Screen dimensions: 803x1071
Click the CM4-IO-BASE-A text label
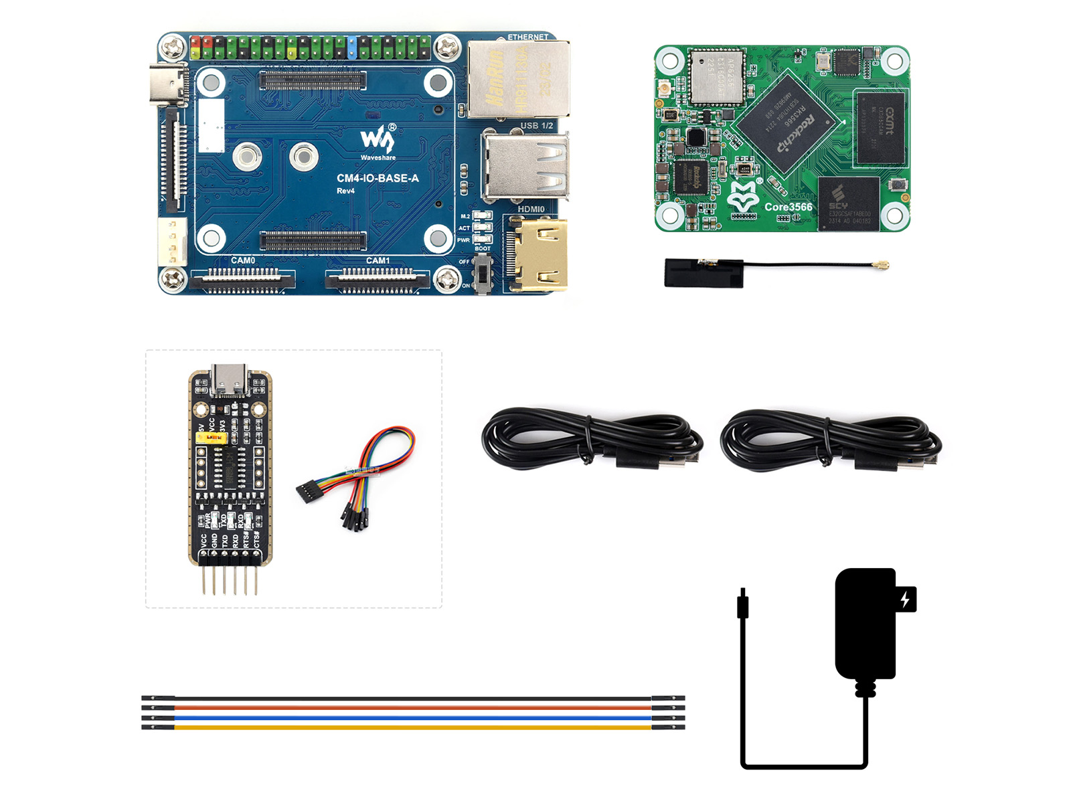coord(378,178)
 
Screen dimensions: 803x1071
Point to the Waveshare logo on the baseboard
coord(378,141)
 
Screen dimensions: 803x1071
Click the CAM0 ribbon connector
coord(243,279)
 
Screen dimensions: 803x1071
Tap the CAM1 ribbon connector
coord(378,279)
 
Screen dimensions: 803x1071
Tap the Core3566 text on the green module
coord(789,207)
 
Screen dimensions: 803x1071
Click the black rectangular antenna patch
coord(704,273)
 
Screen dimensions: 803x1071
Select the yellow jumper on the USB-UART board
coord(212,438)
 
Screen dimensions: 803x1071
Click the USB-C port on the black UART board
coord(229,380)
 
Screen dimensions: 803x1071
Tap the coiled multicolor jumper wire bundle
coord(361,475)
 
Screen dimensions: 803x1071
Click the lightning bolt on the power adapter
coord(906,599)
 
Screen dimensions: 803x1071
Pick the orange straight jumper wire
coord(412,708)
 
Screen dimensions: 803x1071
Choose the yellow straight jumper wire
coord(412,727)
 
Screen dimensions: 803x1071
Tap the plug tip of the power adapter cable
coord(742,605)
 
